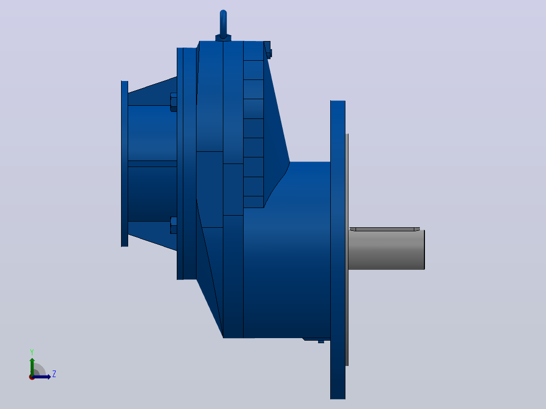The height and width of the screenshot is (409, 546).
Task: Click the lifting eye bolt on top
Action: pos(223,24)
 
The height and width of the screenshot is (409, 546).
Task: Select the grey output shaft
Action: pos(386,249)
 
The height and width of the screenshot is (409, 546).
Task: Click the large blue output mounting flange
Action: pos(338,250)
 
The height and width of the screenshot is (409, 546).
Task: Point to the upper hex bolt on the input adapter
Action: pos(173,102)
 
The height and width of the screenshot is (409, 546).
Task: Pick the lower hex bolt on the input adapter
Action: pos(173,225)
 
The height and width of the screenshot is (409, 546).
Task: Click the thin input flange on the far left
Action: pos(125,163)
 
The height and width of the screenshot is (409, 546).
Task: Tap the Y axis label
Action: pos(32,352)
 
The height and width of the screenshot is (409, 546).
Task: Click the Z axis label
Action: pos(54,374)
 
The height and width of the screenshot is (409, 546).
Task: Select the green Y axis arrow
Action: pos(32,366)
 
